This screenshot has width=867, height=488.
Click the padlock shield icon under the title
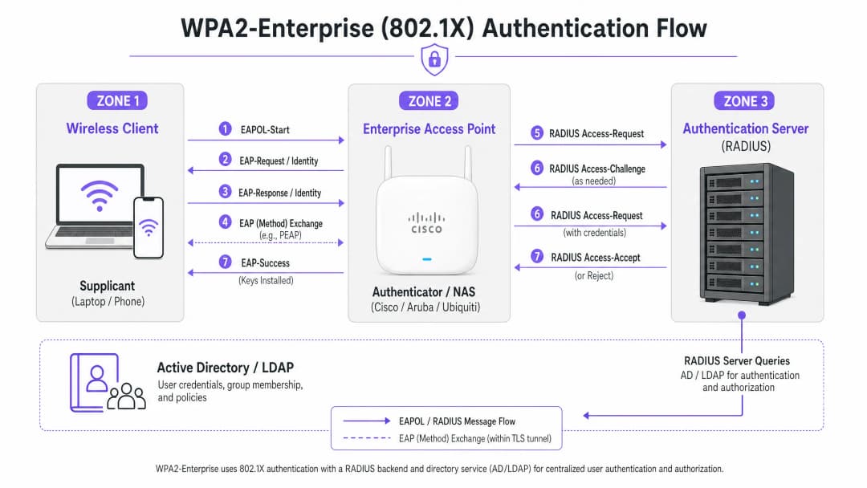(434, 59)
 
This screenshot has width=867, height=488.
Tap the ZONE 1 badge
(117, 100)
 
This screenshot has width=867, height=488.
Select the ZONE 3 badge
(745, 101)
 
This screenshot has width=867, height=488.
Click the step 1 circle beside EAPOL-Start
(225, 128)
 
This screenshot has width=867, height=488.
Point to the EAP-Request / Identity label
(279, 161)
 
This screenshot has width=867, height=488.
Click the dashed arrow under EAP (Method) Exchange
(266, 242)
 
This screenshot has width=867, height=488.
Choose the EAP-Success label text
(266, 263)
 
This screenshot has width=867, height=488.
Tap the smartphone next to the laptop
(149, 228)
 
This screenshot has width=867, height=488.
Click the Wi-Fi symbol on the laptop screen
(100, 195)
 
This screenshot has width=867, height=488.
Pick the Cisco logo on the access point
(426, 222)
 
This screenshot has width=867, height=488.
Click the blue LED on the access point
(427, 258)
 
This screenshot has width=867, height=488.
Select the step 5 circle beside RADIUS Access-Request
(537, 132)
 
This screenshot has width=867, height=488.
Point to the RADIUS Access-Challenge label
(597, 169)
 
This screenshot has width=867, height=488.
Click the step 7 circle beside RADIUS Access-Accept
(537, 256)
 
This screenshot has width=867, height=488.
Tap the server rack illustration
(747, 234)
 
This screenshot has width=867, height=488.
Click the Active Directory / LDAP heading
(225, 368)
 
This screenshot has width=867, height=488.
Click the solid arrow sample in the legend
(367, 421)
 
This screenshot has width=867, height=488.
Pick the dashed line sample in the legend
(367, 438)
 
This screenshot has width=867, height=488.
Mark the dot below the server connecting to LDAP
(742, 315)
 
